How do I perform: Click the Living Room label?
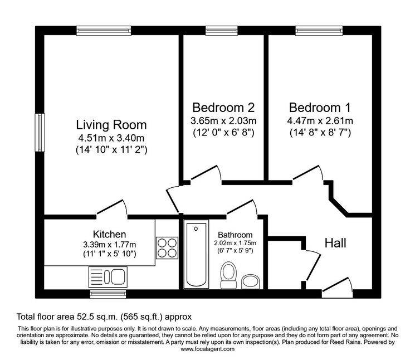coord(111,125)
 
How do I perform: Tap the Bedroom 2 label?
coord(223,108)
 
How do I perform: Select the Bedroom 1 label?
coord(320,108)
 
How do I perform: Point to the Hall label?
coord(335,243)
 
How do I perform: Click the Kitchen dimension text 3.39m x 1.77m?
coord(110,244)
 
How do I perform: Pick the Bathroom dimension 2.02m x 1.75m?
coord(235,243)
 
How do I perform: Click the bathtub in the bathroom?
coord(196,254)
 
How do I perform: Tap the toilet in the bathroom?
coord(228,275)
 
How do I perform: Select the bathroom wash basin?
coord(250,281)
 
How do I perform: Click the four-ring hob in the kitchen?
coord(167,248)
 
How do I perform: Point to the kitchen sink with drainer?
coord(108,276)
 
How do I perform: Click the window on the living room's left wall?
coord(40,133)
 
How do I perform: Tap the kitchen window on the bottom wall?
coord(108,294)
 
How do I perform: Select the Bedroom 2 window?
coord(222,31)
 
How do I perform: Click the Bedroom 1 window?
coord(319,31)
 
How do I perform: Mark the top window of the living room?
coord(104,31)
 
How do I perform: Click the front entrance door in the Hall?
coord(338,285)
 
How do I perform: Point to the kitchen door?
coord(112,208)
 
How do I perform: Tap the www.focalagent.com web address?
coord(207,349)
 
